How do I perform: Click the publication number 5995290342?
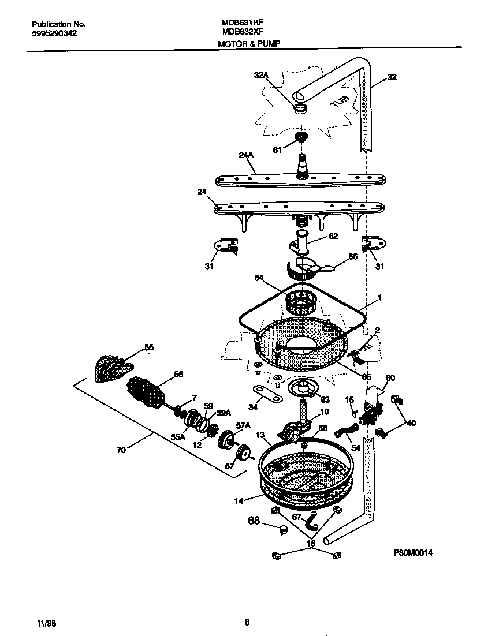coord(54,33)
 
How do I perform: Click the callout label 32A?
coord(261,75)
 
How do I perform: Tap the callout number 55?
coord(149,347)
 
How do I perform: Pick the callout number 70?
coord(121,450)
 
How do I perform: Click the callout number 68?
coord(254,521)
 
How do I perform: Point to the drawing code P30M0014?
coord(413,552)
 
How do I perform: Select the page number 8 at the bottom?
coord(247,622)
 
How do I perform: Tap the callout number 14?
coord(239,502)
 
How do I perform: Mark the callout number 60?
coord(390,378)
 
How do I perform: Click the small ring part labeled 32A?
coord(300,109)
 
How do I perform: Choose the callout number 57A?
coord(243,425)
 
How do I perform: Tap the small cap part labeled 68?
coord(283,529)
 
